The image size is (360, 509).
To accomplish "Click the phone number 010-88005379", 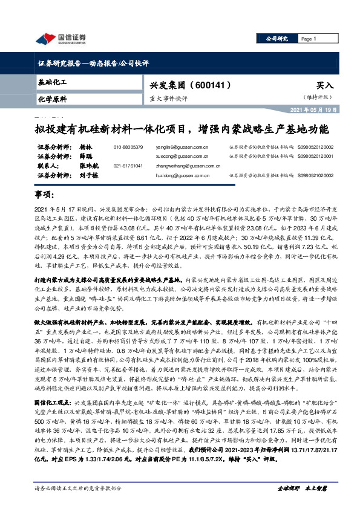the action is pyautogui.click(x=128, y=147).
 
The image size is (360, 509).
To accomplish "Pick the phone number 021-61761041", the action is pyautogui.click(x=128, y=165).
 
